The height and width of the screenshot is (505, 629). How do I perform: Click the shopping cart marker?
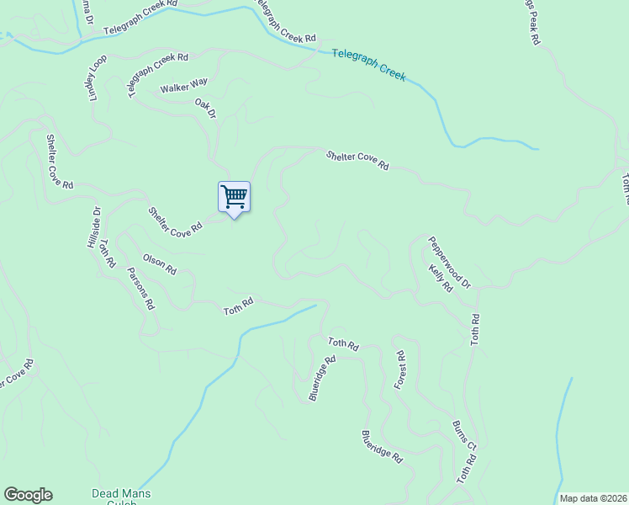coord(234,197)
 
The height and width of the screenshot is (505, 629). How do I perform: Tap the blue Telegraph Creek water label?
coord(368,64)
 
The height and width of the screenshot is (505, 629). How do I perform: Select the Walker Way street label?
coord(183,85)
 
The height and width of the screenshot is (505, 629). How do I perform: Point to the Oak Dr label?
coord(206,108)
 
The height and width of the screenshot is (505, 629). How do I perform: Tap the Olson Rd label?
coord(159,264)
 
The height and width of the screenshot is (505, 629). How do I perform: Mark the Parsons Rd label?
coord(140,289)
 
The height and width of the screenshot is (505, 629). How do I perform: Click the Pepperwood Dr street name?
coord(449,262)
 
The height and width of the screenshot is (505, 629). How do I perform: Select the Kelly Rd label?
coord(440,277)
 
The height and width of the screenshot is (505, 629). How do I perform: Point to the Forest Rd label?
coord(400,369)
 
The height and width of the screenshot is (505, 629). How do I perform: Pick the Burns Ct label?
coord(464,435)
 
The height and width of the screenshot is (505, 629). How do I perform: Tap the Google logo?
coord(28,495)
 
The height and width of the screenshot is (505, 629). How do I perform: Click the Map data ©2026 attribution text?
coord(591,498)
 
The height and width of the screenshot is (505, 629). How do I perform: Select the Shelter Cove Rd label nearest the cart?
coord(176,221)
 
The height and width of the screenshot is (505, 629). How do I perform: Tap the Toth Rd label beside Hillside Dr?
coord(107,253)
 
